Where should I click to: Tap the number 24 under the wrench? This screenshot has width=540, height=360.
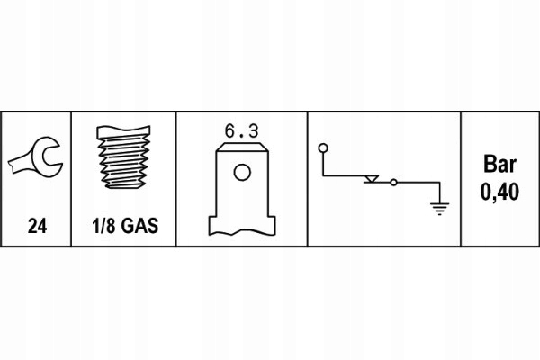coord(37,228)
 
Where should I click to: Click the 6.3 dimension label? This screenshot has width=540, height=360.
coord(240,131)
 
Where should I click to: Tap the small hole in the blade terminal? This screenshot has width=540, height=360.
coord(240,172)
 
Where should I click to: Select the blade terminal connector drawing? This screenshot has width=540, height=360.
coord(240,189)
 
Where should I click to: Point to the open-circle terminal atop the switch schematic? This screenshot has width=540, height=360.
coord(322,147)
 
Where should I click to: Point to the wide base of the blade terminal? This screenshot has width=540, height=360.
coord(240,222)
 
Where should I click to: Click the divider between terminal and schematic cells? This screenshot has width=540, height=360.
coord(308,180)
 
